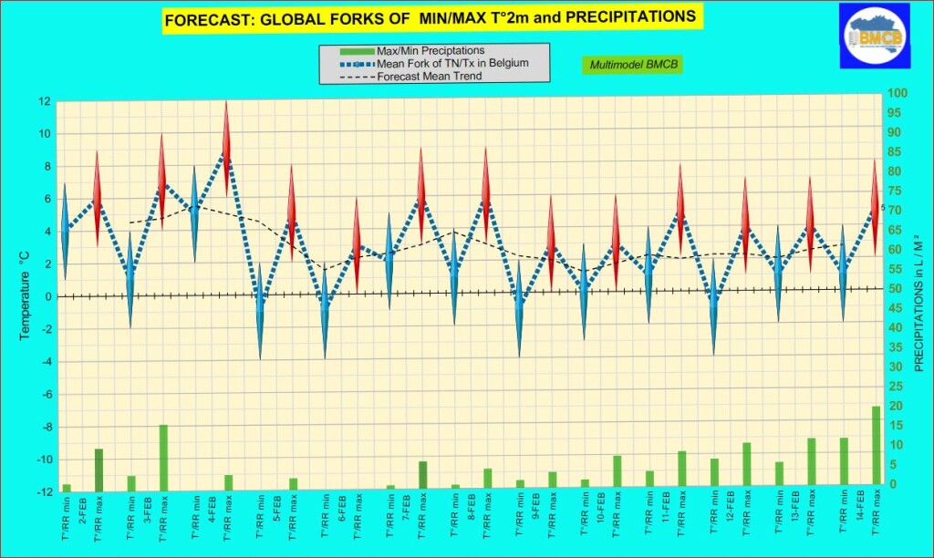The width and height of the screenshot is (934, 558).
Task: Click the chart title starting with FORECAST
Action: tap(429, 17)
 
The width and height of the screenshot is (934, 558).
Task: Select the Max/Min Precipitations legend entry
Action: tap(430, 50)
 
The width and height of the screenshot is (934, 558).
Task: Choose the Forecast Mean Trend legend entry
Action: tap(430, 77)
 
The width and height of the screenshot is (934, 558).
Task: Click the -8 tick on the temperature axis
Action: tap(43, 427)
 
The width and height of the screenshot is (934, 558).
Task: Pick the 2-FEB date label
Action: tap(83, 510)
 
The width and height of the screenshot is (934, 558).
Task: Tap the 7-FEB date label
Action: tap(405, 510)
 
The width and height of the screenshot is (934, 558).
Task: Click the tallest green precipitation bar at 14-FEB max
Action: tap(876, 445)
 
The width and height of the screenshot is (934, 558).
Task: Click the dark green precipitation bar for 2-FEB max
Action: tap(99, 466)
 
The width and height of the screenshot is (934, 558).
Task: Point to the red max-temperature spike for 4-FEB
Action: tap(227, 146)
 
